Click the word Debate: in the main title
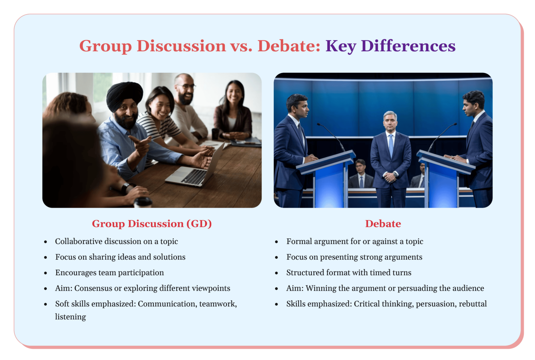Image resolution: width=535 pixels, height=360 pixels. tap(289, 46)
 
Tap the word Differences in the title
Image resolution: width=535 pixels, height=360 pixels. tap(408, 46)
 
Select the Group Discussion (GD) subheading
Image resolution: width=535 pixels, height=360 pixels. tap(152, 224)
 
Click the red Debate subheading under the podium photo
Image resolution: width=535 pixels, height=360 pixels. tap(383, 224)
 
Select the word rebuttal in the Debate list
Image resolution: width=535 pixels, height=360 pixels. tap(473, 304)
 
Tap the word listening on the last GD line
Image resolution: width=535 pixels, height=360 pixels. tap(70, 317)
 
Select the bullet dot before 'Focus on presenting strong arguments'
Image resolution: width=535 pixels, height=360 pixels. tap(277, 258)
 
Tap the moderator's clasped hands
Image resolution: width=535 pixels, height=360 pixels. tap(390, 177)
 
